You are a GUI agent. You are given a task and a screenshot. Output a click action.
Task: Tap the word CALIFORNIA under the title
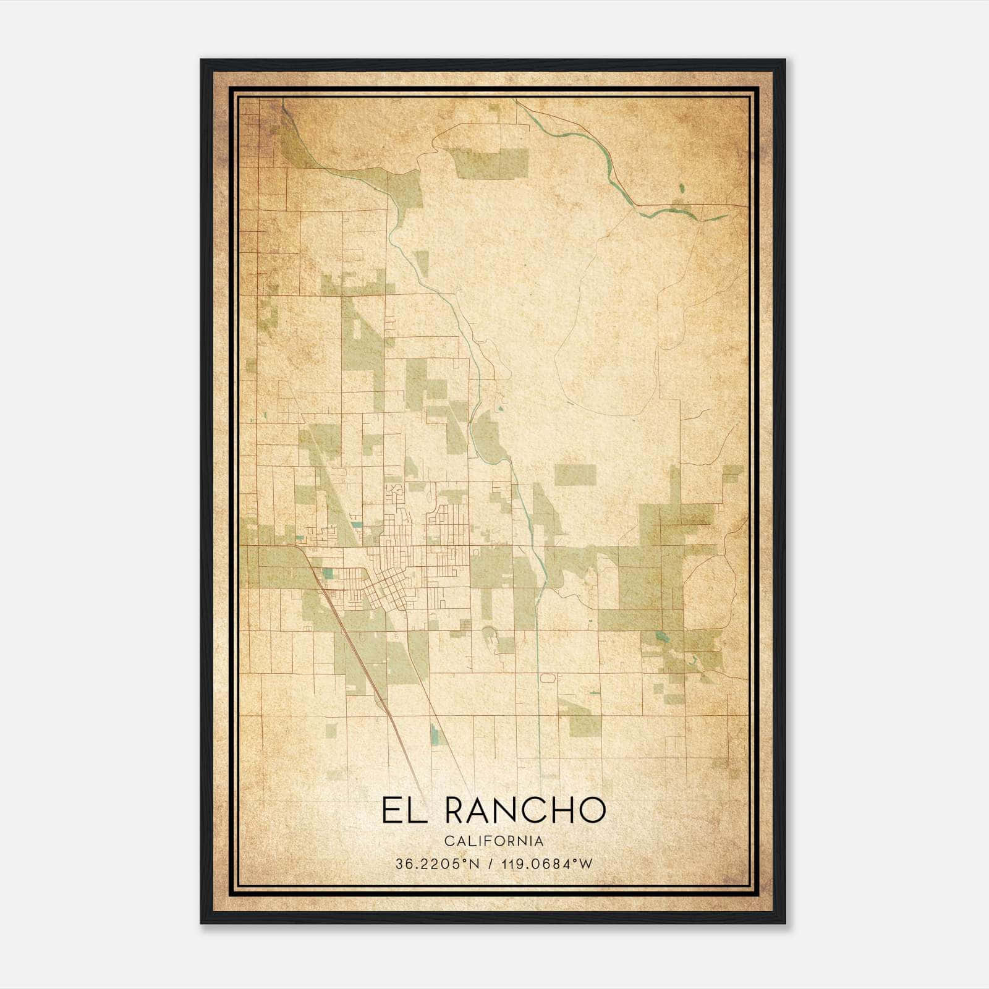[x=494, y=841]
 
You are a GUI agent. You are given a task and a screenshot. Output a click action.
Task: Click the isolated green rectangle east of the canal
[x=575, y=475]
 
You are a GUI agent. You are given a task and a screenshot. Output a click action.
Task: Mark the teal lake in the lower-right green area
[x=663, y=637]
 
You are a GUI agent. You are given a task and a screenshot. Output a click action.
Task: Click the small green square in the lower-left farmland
[x=331, y=730]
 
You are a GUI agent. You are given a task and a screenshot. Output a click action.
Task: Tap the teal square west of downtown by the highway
[x=327, y=574]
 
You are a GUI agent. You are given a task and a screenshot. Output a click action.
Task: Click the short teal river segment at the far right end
[x=721, y=217]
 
